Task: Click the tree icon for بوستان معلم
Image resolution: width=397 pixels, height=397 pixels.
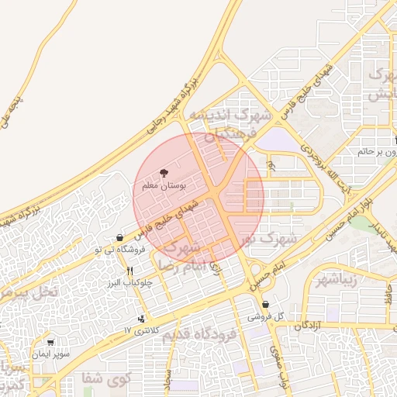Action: pyautogui.click(x=164, y=173)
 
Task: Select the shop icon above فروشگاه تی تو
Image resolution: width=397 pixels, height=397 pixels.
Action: pyautogui.click(x=119, y=238)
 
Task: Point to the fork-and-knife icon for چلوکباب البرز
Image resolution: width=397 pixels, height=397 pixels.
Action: pyautogui.click(x=129, y=271)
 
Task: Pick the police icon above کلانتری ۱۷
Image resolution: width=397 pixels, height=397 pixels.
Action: pyautogui.click(x=141, y=318)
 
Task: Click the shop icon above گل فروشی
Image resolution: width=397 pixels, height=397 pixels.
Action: pyautogui.click(x=266, y=304)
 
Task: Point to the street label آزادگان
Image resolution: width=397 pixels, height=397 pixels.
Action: pyautogui.click(x=308, y=326)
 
